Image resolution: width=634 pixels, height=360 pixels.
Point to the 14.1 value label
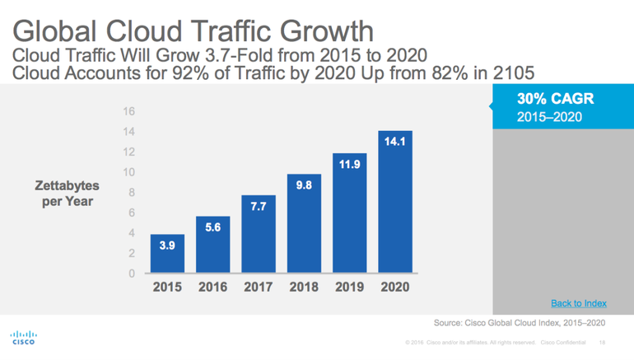click(x=395, y=143)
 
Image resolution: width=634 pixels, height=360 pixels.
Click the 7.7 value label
click(x=259, y=207)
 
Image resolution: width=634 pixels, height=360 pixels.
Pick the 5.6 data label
click(x=212, y=227)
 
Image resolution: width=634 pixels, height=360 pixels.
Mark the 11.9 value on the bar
click(x=350, y=165)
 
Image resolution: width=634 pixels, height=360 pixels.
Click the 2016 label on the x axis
click(x=212, y=288)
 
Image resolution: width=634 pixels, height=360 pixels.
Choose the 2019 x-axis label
click(x=350, y=288)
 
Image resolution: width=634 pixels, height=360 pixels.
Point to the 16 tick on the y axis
click(x=129, y=111)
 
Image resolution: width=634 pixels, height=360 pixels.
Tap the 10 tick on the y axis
click(x=129, y=172)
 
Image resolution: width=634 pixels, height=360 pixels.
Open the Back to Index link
click(x=579, y=303)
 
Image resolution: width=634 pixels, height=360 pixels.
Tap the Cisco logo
click(x=22, y=339)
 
